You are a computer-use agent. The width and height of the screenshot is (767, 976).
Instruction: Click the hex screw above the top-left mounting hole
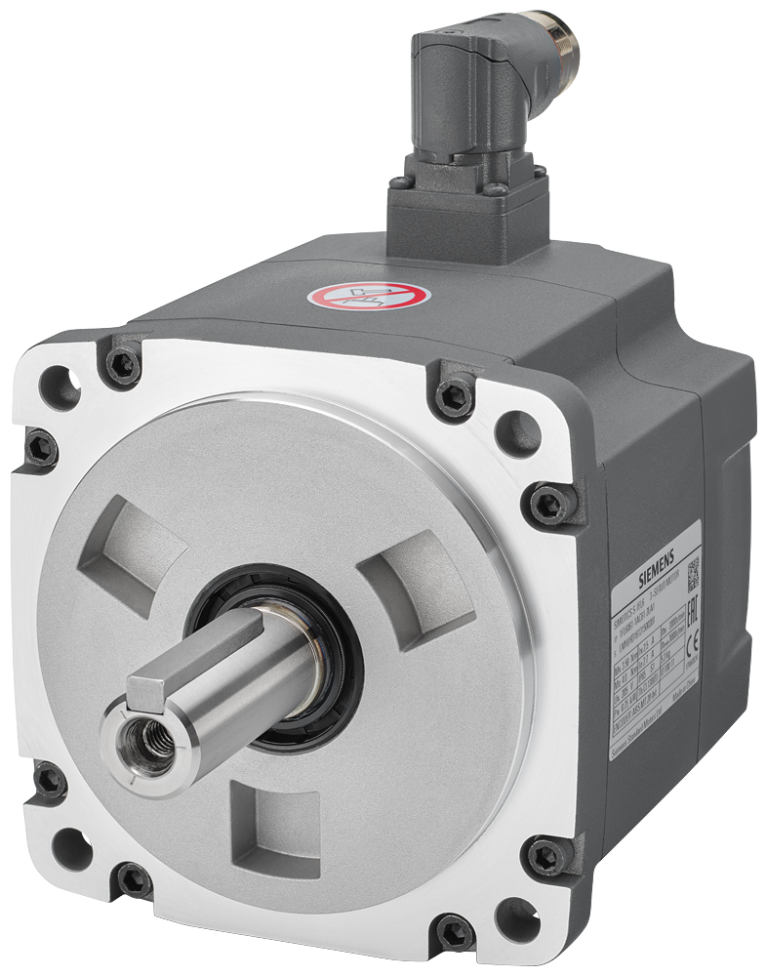tap(122, 365)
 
